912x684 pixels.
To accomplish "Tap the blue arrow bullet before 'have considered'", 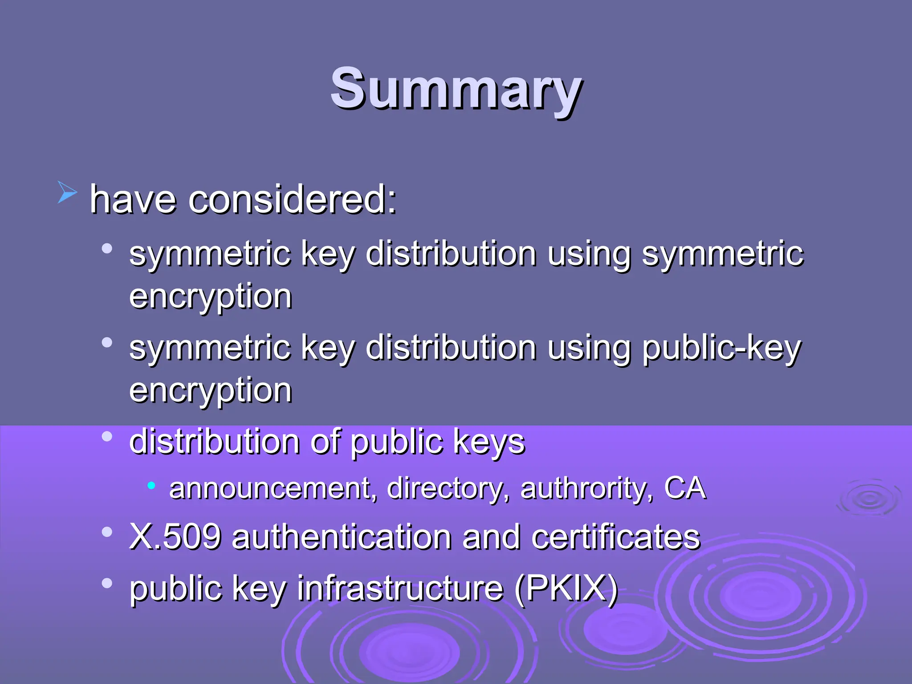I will click(67, 193).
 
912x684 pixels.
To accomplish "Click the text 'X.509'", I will click(175, 537).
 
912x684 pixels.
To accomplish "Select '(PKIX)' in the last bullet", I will click(566, 588).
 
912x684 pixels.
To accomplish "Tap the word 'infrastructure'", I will click(400, 588).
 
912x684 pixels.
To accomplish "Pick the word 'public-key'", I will click(721, 348).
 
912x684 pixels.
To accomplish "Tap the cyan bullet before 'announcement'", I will click(151, 484).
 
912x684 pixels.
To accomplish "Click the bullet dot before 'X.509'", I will click(107, 531).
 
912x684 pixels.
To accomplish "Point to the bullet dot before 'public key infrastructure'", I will click(107, 582).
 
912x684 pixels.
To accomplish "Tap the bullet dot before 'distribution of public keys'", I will click(107, 436).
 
